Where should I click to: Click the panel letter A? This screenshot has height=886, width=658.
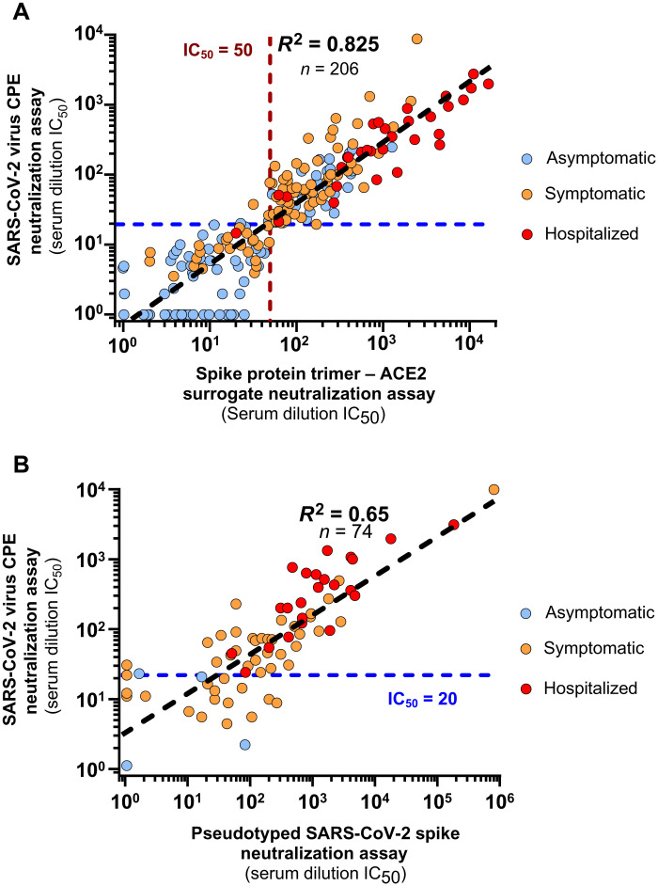[21, 11]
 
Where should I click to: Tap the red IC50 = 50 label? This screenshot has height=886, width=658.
[217, 51]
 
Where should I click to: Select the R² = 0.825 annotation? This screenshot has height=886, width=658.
[329, 43]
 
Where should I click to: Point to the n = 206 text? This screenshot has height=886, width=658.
[329, 69]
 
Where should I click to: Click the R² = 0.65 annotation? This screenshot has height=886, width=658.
[344, 514]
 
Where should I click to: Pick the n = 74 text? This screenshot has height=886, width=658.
[344, 531]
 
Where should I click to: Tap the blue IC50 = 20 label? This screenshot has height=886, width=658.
[422, 700]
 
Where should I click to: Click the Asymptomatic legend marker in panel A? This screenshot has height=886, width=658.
[527, 158]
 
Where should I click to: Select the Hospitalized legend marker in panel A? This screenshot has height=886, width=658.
[527, 234]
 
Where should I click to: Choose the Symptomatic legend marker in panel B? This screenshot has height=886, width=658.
[526, 649]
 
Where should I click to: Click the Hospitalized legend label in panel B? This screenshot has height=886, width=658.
[590, 688]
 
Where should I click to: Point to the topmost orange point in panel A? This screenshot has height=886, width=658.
[416, 39]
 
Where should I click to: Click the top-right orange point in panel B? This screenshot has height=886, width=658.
[493, 489]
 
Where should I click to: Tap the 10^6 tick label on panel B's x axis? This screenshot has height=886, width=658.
[497, 800]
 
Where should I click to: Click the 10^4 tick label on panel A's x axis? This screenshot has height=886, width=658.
[466, 341]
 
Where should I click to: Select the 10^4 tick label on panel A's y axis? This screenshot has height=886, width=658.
[91, 35]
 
